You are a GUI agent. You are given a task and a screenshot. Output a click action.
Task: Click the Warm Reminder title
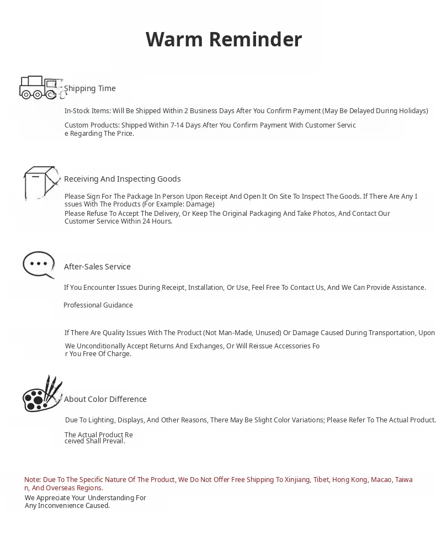(x=224, y=39)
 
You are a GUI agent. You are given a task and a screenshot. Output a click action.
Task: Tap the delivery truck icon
(x=41, y=88)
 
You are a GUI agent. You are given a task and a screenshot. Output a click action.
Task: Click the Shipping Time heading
(x=90, y=88)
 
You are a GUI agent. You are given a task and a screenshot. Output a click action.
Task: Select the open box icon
(x=41, y=182)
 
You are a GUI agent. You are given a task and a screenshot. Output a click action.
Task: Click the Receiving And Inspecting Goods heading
(x=123, y=179)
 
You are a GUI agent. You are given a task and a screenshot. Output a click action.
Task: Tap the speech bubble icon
(x=39, y=265)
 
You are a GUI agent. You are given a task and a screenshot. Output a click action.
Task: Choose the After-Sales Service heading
(x=97, y=267)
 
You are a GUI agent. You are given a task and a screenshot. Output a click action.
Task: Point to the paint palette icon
(x=42, y=394)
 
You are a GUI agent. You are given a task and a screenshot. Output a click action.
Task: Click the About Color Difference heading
(x=105, y=399)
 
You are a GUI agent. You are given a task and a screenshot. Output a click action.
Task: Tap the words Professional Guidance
(x=98, y=305)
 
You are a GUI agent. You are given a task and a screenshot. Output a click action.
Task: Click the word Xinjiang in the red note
(x=297, y=480)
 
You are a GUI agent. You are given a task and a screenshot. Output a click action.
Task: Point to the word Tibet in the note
(x=321, y=480)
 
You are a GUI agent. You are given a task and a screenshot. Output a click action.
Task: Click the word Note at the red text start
(x=32, y=480)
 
